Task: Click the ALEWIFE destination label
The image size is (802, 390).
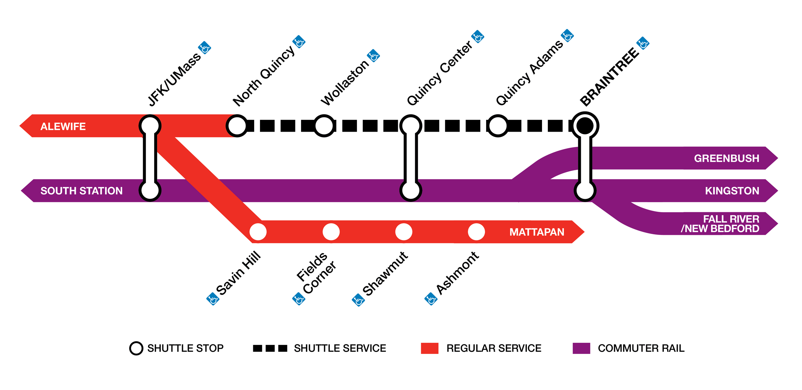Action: pos(63,126)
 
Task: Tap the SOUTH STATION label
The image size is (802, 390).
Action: pos(81,191)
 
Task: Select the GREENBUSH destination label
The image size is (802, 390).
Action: pos(726,158)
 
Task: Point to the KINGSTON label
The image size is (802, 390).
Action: pos(732,191)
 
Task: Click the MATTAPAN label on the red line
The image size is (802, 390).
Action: pos(536,232)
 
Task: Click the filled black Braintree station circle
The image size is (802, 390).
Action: pos(585,126)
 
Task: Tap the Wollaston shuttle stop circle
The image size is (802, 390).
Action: pos(324,126)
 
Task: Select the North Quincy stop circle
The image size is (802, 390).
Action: pos(237,126)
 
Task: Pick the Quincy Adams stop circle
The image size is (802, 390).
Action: pos(498,126)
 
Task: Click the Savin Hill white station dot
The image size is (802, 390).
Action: pos(258,232)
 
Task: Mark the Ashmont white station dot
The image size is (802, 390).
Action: pos(476,232)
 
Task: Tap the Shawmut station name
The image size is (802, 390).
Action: pos(386,273)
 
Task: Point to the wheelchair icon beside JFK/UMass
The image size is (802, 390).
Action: pos(205,47)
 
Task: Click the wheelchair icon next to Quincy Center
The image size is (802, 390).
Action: pos(477,37)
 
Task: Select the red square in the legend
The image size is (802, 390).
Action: pos(429,348)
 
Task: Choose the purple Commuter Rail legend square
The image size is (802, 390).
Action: pos(581,348)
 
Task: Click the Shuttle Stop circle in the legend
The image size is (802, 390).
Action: pos(136,348)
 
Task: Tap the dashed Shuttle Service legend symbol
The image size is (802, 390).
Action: pos(270,348)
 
